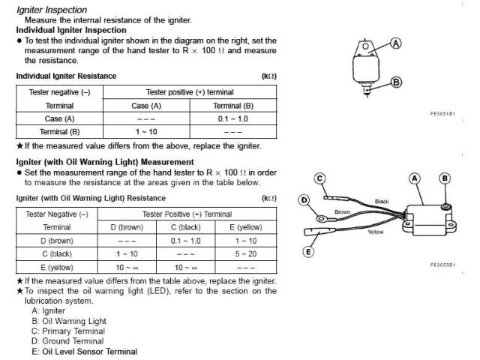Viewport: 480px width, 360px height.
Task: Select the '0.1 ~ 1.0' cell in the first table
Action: point(234,119)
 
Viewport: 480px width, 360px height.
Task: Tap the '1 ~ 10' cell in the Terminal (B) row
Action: point(146,132)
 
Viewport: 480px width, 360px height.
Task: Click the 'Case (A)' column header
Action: point(146,106)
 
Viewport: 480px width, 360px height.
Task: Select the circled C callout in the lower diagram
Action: point(319,178)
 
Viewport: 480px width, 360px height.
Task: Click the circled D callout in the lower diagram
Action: point(304,200)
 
